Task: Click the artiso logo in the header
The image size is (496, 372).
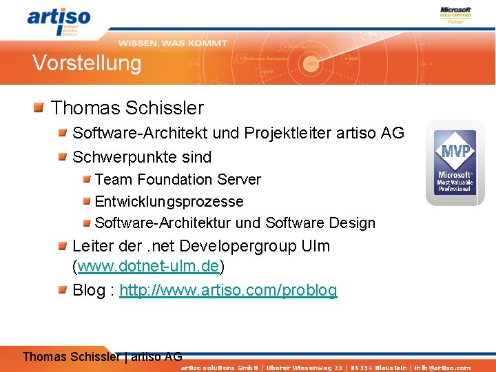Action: point(59,21)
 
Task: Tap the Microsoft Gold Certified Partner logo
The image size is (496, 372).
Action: point(455,15)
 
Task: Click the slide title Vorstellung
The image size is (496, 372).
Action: point(87,63)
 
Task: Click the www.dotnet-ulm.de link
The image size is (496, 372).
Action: point(148,266)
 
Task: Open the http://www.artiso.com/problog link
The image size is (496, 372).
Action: point(228,290)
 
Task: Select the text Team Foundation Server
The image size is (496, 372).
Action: point(178,180)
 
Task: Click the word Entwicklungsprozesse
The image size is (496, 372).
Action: point(169,201)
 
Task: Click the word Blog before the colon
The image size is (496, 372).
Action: point(88,290)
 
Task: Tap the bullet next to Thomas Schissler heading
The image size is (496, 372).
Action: point(39,107)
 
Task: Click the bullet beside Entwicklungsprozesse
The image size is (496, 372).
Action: point(87,202)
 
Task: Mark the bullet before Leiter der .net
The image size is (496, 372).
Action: point(62,245)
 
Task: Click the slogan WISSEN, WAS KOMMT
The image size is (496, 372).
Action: point(172,43)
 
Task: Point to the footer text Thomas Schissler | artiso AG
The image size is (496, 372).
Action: point(103,356)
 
